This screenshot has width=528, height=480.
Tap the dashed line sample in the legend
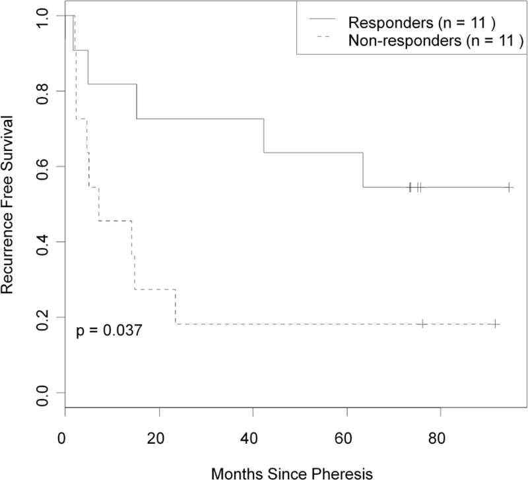319,42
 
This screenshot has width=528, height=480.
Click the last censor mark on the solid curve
510,187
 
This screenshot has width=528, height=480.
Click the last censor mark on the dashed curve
496,324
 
